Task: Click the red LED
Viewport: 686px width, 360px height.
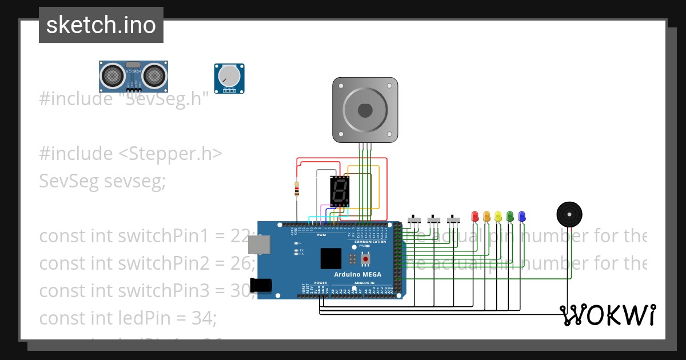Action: click(x=474, y=217)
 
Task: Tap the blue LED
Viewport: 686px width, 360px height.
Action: click(x=521, y=217)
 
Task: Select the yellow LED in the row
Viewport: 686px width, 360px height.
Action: click(x=498, y=217)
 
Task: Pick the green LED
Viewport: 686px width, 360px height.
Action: click(x=510, y=217)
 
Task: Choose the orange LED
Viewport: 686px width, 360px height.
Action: click(x=486, y=217)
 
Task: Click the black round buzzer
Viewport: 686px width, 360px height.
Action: click(x=569, y=214)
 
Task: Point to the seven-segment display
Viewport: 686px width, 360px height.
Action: click(x=339, y=191)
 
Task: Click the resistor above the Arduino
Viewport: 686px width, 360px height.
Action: click(x=296, y=189)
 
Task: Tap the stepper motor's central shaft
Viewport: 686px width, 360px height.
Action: click(x=365, y=110)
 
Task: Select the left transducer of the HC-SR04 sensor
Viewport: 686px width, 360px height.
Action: click(x=113, y=74)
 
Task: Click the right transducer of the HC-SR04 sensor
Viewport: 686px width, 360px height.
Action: click(x=154, y=74)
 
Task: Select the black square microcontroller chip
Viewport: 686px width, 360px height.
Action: click(x=330, y=258)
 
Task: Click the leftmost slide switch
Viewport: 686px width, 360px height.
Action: click(x=414, y=219)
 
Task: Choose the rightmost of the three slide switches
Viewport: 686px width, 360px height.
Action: click(x=453, y=219)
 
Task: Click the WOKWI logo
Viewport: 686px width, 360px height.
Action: click(x=607, y=315)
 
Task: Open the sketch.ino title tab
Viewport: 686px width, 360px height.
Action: click(x=101, y=25)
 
